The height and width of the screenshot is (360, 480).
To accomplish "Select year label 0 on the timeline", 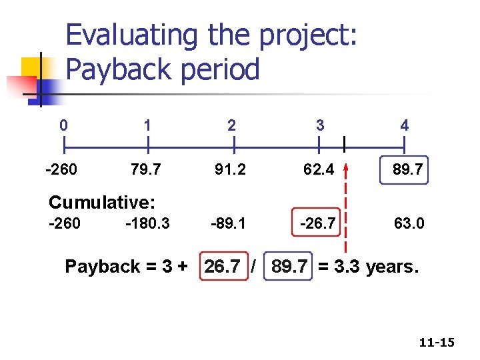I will [x=63, y=125].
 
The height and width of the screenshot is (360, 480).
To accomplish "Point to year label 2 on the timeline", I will [x=231, y=125].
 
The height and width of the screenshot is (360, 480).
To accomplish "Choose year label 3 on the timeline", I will [x=320, y=125].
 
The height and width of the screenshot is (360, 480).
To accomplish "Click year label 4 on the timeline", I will [x=404, y=125].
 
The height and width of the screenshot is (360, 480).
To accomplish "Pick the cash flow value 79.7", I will [x=145, y=170].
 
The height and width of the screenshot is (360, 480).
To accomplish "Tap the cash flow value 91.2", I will [x=230, y=170].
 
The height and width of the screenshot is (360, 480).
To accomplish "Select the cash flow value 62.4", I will [x=319, y=170].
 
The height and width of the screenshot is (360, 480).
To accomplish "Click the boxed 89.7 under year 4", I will [x=406, y=170].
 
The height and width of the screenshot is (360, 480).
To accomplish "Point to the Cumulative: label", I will [x=102, y=202].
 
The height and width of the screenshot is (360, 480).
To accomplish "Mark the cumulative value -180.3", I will [x=147, y=223].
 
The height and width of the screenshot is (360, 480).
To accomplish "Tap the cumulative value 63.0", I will [x=409, y=223].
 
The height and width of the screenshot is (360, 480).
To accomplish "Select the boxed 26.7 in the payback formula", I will [x=223, y=267].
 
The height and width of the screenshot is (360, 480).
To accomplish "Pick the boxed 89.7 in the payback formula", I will [x=290, y=267].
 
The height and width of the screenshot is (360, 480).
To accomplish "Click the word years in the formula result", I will [x=389, y=267].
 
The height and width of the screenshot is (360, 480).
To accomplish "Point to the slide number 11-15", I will [x=437, y=343].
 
